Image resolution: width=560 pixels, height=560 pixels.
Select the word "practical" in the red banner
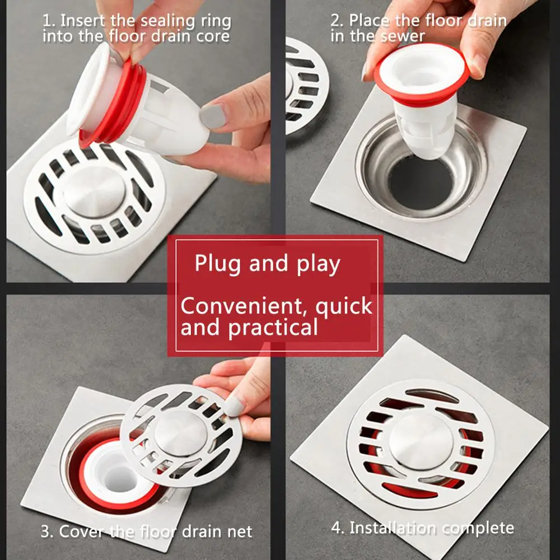(275, 328)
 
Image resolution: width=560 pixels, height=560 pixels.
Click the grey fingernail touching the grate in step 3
(234, 404)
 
